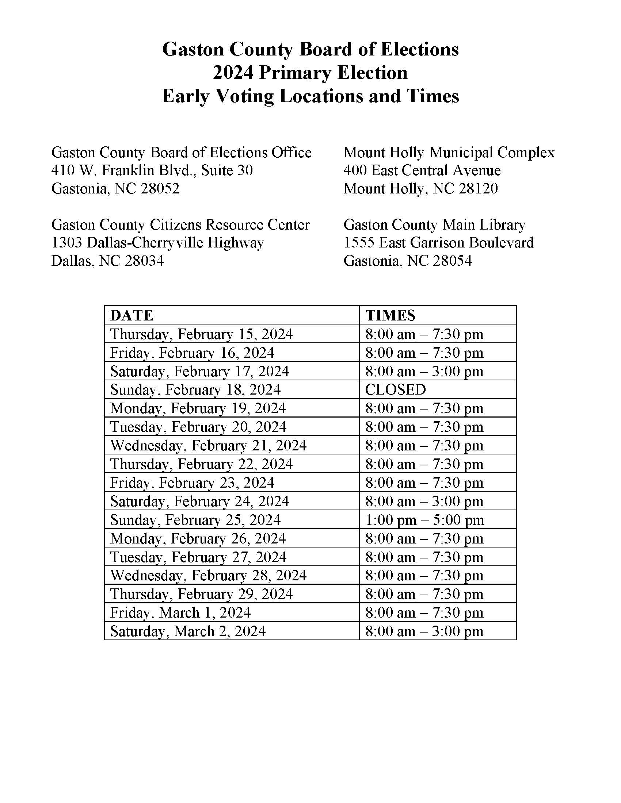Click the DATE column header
coord(132,315)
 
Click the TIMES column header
coord(390,315)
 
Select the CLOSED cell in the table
coord(395,389)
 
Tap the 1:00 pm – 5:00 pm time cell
coord(424,520)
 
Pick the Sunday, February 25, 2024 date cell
coord(195,520)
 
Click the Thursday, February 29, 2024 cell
coord(201,594)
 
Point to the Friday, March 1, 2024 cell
coord(180,612)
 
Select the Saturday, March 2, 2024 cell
coord(188,631)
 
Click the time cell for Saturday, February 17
coord(424,371)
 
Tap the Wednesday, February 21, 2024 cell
coord(208,445)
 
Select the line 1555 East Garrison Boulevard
coord(438,243)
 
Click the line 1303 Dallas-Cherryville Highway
coord(157,243)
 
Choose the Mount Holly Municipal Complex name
coord(449,152)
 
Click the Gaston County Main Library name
coord(434,224)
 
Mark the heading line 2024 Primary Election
coord(310,72)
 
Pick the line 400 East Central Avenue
coord(422,170)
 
